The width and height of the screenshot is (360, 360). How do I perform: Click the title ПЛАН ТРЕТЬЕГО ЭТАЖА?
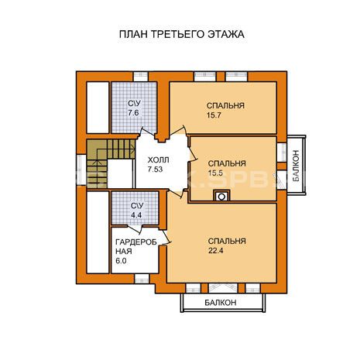(182, 34)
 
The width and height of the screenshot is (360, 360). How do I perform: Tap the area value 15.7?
(214, 115)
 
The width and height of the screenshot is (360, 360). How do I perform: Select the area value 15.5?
(215, 173)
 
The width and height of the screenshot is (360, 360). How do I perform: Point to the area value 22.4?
(216, 251)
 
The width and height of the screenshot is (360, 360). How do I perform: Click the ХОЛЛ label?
(159, 160)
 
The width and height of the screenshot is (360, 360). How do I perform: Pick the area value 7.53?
(155, 170)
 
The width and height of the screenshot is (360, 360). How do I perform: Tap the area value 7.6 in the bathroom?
(133, 113)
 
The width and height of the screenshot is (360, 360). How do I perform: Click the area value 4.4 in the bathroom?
(136, 215)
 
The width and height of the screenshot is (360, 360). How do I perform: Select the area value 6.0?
(121, 261)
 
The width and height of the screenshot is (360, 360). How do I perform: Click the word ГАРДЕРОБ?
(136, 242)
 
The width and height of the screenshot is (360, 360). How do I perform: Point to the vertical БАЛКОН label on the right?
(296, 166)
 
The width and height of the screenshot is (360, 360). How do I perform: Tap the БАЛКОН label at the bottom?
(221, 303)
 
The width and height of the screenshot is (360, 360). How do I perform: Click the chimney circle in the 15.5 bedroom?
(221, 197)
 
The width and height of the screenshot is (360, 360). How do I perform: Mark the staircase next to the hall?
(111, 163)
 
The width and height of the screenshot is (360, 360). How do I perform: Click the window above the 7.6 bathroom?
(141, 77)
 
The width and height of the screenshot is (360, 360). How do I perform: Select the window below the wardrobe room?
(142, 279)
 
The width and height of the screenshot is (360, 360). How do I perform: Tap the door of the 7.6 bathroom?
(147, 133)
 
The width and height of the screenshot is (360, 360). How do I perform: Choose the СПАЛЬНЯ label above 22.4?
(227, 241)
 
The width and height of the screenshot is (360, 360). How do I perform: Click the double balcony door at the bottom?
(223, 288)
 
